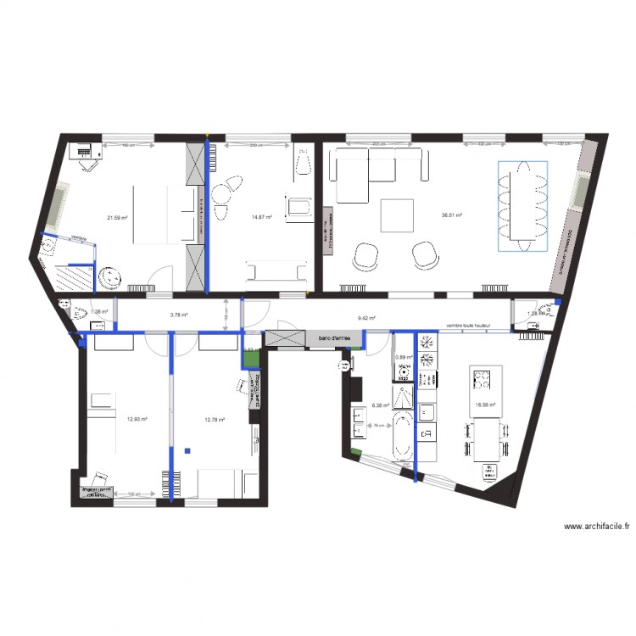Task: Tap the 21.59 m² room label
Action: [117, 218]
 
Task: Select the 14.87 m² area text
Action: [261, 218]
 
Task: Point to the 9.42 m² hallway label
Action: [367, 318]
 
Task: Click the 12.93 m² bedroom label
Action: [137, 419]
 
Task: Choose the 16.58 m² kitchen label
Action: [485, 405]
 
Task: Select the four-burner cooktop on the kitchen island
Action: [483, 378]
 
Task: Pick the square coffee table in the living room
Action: [397, 215]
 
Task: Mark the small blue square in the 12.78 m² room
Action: [192, 450]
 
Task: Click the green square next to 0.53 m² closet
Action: [250, 360]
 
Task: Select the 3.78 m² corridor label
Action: [178, 315]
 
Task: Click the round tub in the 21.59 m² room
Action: [109, 277]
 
